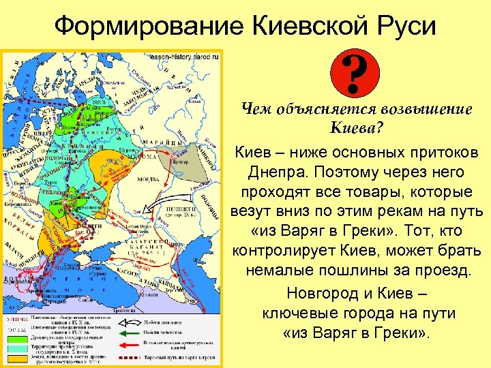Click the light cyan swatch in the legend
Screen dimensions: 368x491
pyautogui.click(x=15, y=347)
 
